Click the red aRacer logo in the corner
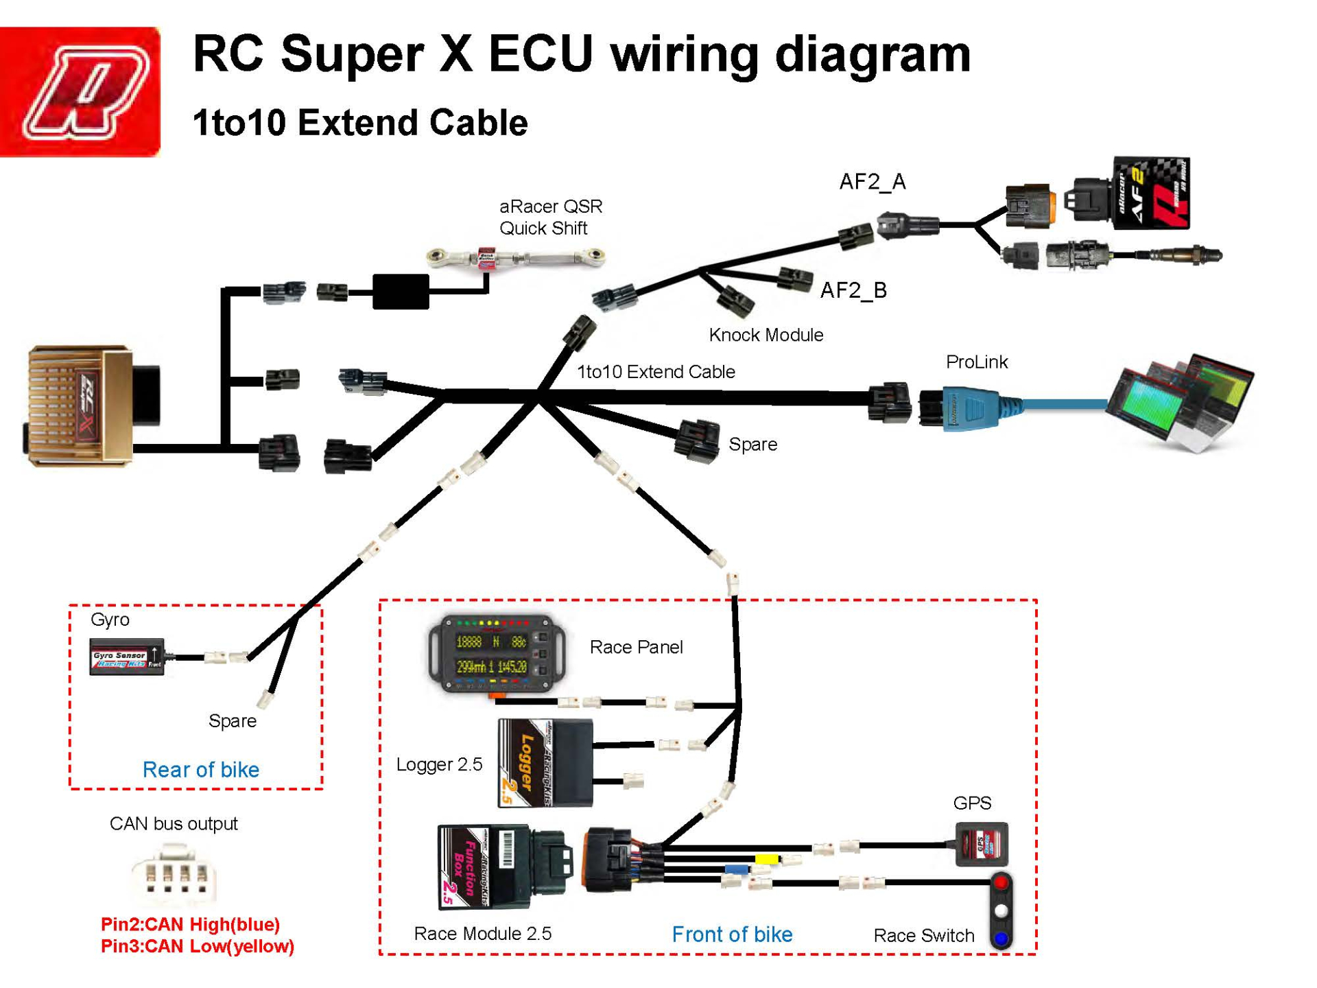click(80, 91)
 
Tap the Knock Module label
click(766, 335)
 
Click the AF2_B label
click(853, 290)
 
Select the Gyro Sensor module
click(127, 657)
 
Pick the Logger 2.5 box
click(545, 762)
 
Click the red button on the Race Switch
click(1001, 882)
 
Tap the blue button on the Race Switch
click(1001, 937)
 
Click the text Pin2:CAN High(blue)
click(190, 924)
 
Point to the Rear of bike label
click(200, 769)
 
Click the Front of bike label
click(732, 934)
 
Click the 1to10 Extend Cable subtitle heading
click(360, 123)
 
